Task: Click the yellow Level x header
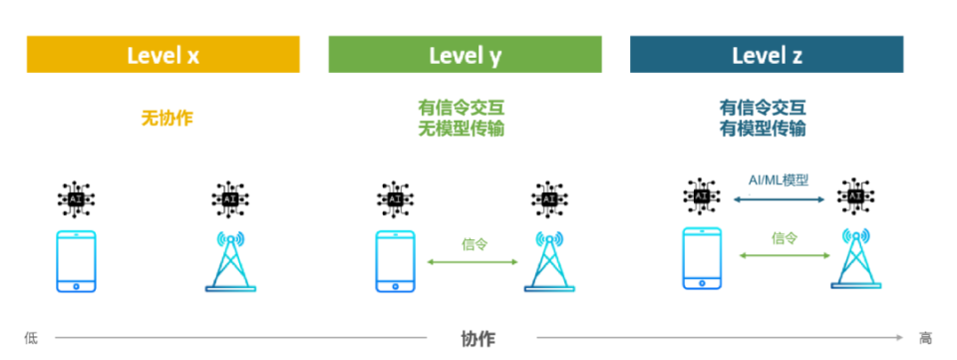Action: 162,55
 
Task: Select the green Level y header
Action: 465,55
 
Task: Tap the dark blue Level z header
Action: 767,55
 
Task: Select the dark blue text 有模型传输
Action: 763,129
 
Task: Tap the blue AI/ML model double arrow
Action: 779,199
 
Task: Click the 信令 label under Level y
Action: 475,243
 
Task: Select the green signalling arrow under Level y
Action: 474,262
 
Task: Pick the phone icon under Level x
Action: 77,261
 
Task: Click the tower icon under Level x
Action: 230,261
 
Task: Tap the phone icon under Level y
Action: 395,261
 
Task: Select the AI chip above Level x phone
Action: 77,198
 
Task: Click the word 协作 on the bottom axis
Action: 478,338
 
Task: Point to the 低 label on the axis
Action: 30,338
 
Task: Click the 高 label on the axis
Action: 926,338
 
